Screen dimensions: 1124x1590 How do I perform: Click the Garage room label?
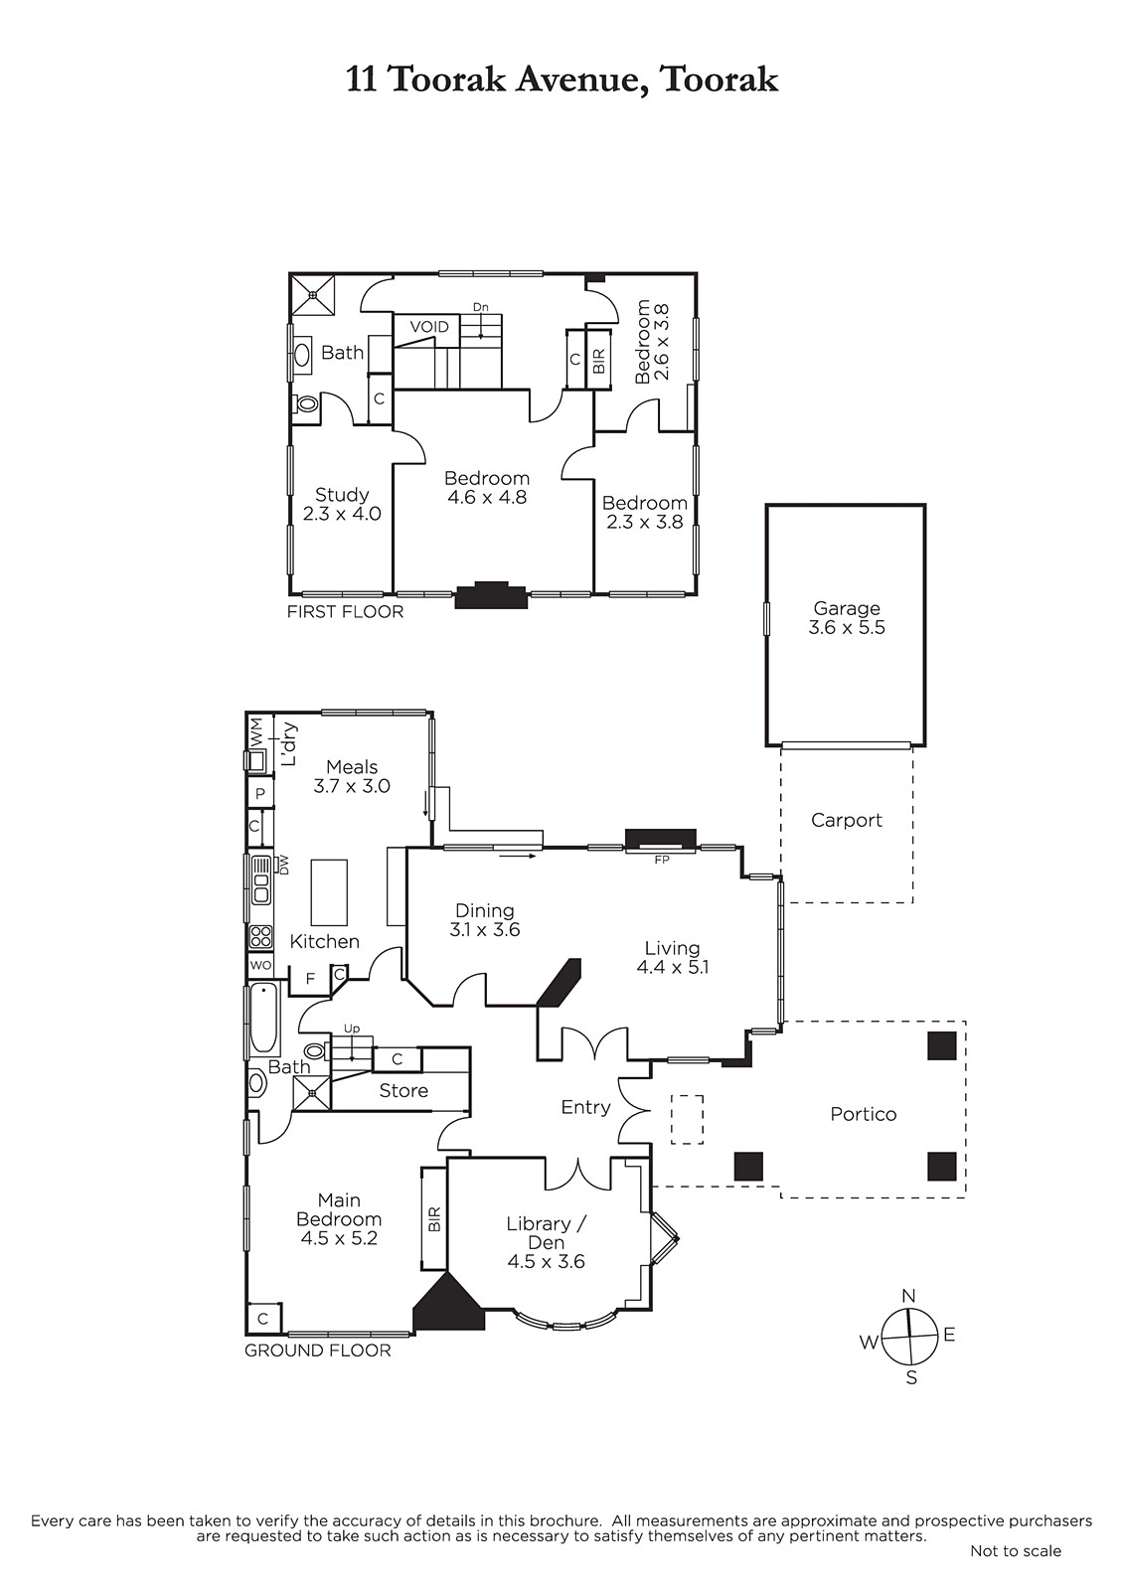[x=847, y=608]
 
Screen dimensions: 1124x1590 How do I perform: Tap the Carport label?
[x=847, y=820]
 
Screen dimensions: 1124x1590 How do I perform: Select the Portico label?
[x=863, y=1114]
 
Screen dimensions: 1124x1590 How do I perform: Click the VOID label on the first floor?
[x=429, y=327]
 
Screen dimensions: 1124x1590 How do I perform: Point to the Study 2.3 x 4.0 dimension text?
[x=342, y=513]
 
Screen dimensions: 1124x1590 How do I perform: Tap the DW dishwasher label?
[x=284, y=865]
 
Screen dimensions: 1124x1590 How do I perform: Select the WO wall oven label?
[x=260, y=965]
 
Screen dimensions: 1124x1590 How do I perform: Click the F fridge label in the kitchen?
[x=310, y=979]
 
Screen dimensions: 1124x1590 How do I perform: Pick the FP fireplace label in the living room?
[x=662, y=860]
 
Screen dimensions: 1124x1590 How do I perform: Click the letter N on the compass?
[x=908, y=1296]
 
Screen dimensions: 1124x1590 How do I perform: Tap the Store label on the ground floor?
[x=403, y=1091]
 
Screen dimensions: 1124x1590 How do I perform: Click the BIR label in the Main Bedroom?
[x=435, y=1218]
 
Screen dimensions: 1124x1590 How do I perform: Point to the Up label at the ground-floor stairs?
[x=352, y=1029]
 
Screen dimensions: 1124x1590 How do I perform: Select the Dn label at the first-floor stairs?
[x=481, y=307]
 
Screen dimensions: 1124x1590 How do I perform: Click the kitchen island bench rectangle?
[x=330, y=892]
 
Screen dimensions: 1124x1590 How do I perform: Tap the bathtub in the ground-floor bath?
[x=264, y=1019]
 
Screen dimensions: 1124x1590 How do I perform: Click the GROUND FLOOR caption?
[x=317, y=1351]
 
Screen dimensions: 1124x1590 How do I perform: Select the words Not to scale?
[x=1016, y=1551]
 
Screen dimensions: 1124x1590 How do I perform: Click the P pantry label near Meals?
[x=259, y=794]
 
